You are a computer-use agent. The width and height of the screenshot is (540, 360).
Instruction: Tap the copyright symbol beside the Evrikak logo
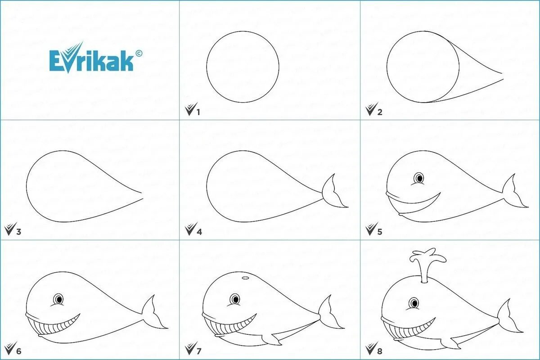tap(139, 53)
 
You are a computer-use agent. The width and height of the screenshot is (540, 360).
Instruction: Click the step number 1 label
tap(198, 112)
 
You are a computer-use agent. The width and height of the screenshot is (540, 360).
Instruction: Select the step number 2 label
tap(380, 112)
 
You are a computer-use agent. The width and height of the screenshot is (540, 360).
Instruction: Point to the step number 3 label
tap(18, 232)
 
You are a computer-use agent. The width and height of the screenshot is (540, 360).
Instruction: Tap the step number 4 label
tap(199, 232)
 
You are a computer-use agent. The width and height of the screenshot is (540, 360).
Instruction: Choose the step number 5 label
tap(380, 232)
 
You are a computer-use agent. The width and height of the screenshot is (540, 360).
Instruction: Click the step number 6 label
tap(18, 351)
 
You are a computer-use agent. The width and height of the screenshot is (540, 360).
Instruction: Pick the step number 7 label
tap(198, 351)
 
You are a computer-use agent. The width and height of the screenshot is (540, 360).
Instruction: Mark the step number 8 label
tap(380, 351)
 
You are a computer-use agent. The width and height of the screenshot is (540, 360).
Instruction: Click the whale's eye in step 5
tap(419, 178)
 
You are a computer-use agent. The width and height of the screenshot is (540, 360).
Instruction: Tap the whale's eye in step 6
tap(58, 299)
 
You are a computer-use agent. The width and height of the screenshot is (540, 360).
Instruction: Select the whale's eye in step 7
tap(235, 299)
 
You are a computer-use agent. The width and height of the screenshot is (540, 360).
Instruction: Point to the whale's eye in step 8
tap(414, 303)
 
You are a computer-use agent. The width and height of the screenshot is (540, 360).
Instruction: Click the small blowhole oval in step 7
tap(245, 278)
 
